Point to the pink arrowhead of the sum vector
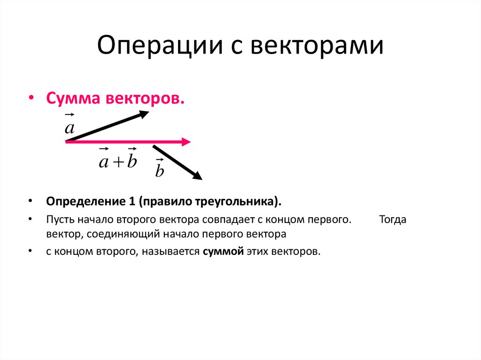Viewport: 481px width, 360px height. (x=186, y=141)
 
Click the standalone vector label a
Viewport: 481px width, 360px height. (x=70, y=127)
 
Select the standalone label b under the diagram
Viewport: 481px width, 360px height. (x=160, y=171)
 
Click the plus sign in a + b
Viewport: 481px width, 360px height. (x=117, y=162)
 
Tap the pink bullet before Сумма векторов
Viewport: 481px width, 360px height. (x=31, y=99)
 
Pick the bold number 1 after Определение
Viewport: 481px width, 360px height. (x=131, y=201)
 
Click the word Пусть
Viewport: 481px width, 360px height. (x=58, y=220)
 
